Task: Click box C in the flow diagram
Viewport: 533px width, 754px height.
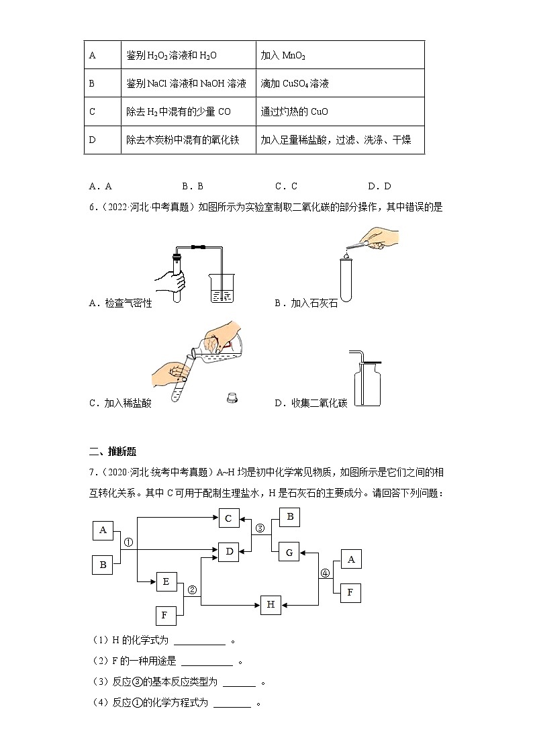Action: pos(228,518)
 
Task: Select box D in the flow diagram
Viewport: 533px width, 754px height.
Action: pos(228,552)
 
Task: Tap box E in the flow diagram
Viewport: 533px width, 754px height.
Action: pos(166,581)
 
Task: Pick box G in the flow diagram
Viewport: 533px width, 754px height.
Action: pos(289,553)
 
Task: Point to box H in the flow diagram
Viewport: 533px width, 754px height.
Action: pos(271,604)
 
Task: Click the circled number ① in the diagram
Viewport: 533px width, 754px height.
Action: pos(129,542)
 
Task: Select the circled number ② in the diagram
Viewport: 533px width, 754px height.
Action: pos(191,590)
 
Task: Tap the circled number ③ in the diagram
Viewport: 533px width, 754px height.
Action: pos(261,527)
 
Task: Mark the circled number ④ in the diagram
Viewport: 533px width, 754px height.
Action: pos(325,573)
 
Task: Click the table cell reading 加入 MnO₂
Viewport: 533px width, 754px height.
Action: pos(340,55)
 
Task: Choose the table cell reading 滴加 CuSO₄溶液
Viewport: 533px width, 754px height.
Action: pos(340,83)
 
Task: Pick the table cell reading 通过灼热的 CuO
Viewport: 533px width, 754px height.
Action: pos(340,111)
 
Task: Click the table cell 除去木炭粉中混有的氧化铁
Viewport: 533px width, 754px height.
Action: pos(183,140)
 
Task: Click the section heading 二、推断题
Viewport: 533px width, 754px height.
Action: pos(113,451)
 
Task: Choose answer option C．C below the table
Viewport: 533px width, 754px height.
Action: pos(286,186)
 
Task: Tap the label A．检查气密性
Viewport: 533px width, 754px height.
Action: pos(120,303)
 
